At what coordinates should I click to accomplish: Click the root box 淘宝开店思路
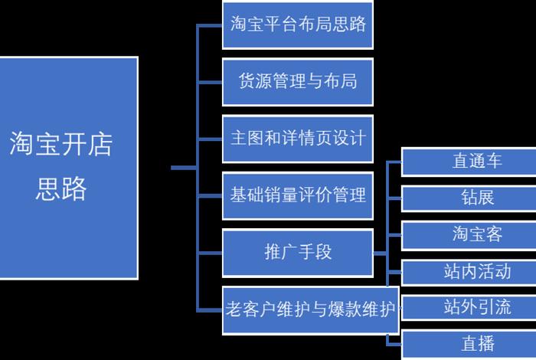(69, 168)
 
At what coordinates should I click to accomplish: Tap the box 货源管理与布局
(298, 81)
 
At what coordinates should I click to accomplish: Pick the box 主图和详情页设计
(298, 139)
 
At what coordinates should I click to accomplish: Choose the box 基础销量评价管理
(298, 195)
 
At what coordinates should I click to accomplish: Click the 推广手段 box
(298, 251)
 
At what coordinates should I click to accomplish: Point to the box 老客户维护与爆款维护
(310, 311)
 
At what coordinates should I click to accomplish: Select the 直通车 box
(468, 162)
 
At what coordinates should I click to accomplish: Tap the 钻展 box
(468, 198)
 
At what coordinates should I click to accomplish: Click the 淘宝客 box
(468, 234)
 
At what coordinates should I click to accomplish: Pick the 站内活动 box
(468, 271)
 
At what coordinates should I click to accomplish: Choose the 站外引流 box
(468, 307)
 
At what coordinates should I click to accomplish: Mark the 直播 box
(468, 344)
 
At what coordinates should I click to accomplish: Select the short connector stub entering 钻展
(394, 198)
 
